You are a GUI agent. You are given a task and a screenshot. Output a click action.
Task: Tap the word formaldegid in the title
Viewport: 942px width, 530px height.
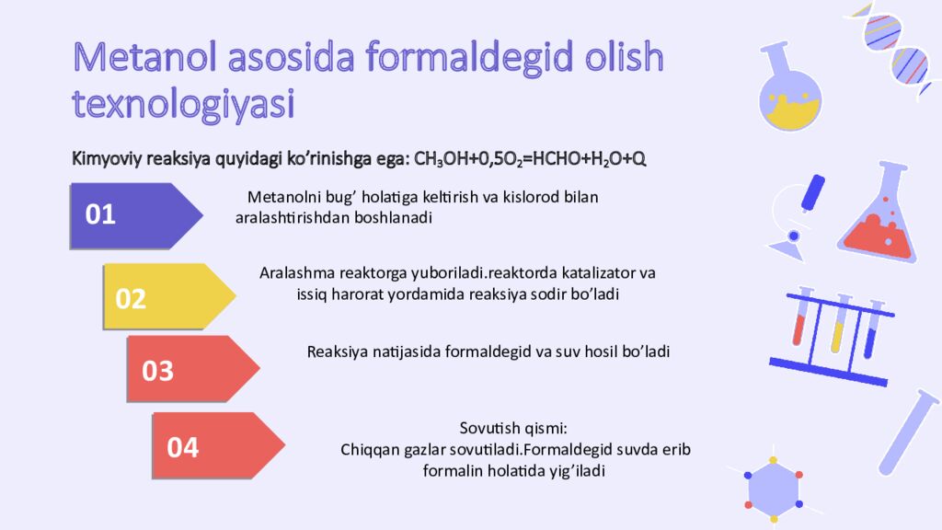468,59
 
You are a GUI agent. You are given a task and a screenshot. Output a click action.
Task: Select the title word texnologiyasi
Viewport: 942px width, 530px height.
183,104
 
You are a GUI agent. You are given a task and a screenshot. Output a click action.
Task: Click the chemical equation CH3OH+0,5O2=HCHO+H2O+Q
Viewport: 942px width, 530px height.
530,159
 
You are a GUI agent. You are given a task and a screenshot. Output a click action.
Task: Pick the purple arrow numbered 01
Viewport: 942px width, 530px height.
136,215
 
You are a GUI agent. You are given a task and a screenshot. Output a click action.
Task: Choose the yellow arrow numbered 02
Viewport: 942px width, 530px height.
169,297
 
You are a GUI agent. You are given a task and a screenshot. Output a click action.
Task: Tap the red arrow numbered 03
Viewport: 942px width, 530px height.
193,369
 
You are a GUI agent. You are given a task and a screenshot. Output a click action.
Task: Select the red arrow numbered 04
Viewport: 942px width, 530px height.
219,446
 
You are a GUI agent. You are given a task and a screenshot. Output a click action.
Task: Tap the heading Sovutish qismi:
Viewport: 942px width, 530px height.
513,429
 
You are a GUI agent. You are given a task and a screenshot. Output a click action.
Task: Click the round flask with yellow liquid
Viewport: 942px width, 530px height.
789,89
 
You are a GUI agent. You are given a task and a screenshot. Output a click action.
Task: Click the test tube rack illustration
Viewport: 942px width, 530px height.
832,337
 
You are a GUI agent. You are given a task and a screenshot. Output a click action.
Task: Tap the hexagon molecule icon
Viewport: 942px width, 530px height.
773,488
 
